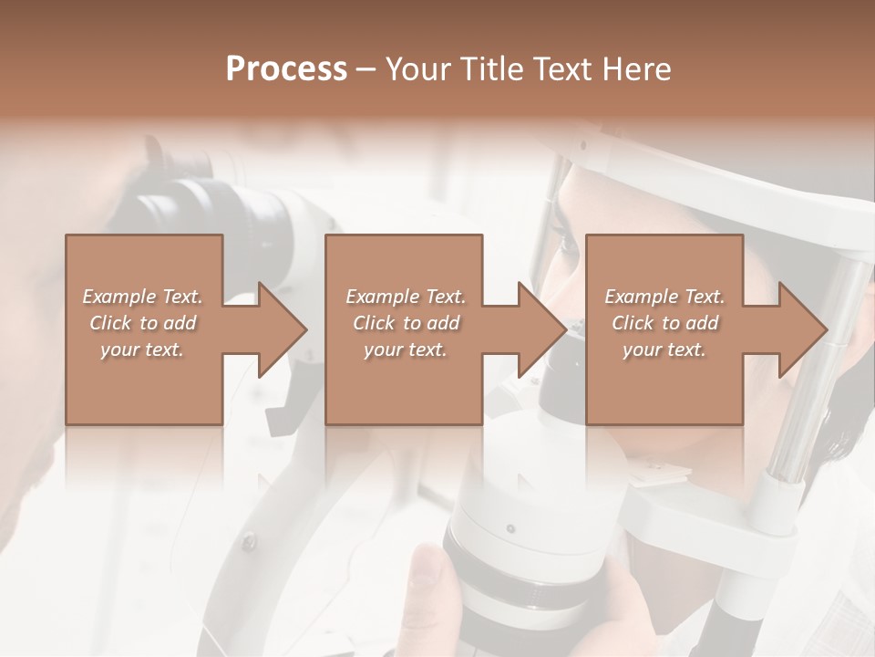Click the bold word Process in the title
(x=286, y=69)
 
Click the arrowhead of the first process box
(x=282, y=329)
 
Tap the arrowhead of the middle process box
(x=542, y=329)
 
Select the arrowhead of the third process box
(x=802, y=329)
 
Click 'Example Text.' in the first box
(x=143, y=297)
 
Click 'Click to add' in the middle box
(x=406, y=323)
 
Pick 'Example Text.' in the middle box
(x=406, y=297)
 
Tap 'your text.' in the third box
(x=664, y=349)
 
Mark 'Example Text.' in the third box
(x=664, y=297)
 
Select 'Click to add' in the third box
(x=664, y=323)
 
